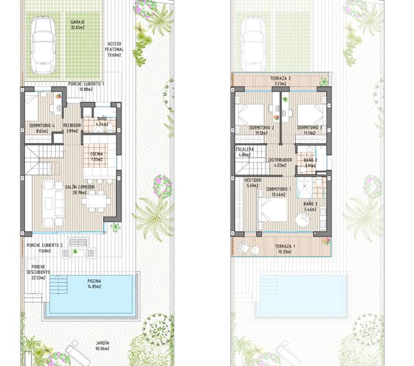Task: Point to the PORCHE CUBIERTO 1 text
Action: (x=86, y=83)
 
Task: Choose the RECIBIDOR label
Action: (x=72, y=125)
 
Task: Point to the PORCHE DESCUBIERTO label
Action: (x=38, y=270)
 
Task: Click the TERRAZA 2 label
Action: (x=280, y=78)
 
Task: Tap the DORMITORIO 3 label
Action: (x=310, y=128)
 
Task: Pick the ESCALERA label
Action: (x=245, y=149)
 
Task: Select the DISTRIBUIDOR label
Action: (x=280, y=160)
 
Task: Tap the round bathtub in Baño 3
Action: (x=304, y=219)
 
